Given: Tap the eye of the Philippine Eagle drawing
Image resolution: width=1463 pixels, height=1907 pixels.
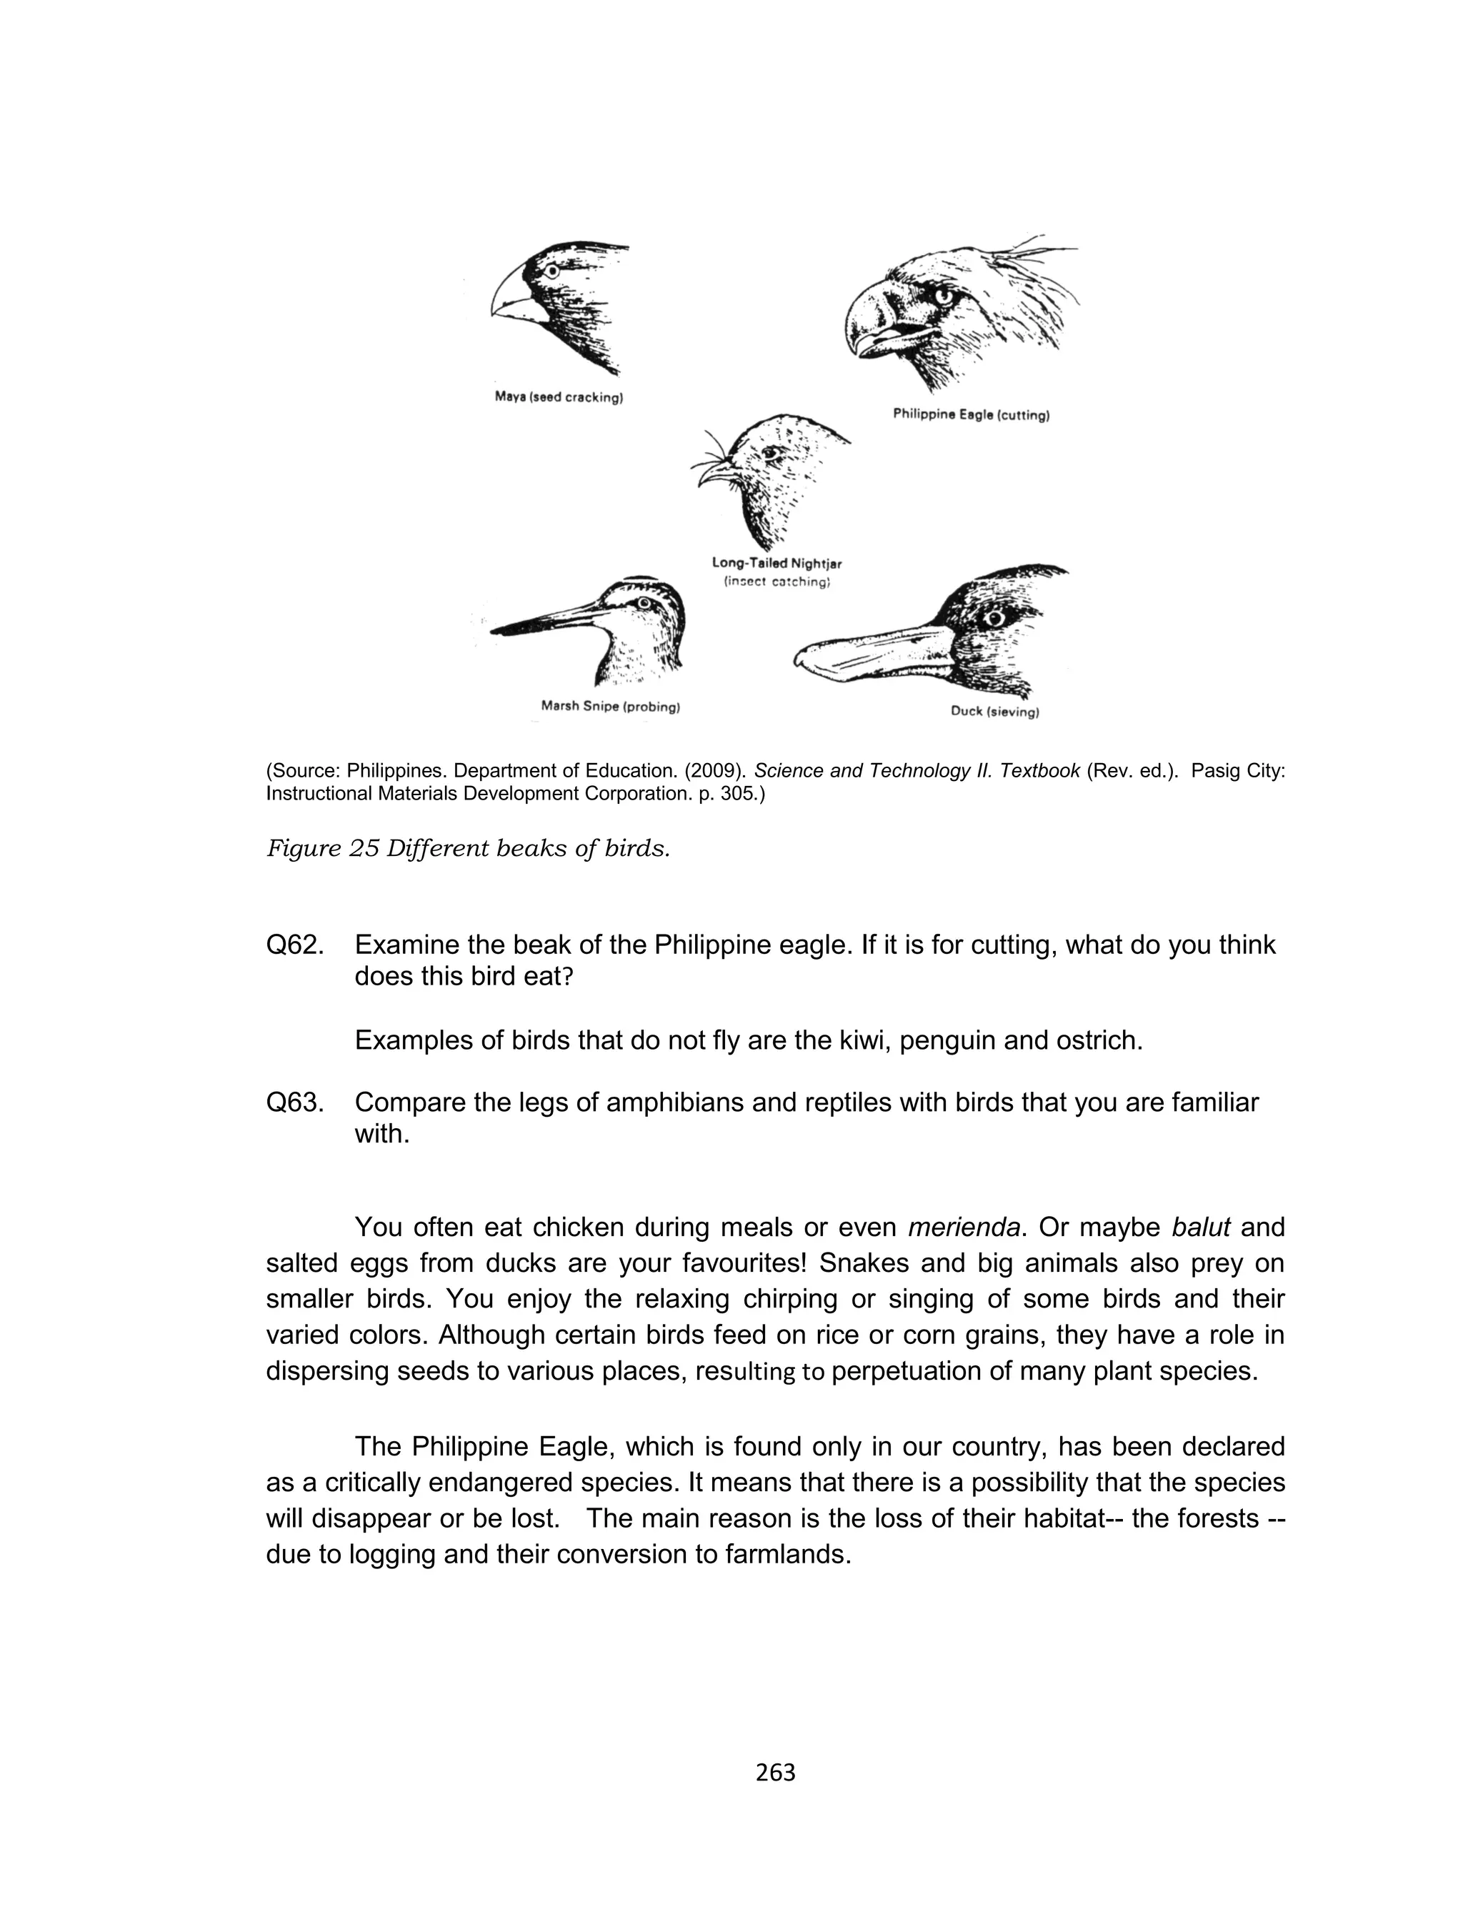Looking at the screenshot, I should coord(943,296).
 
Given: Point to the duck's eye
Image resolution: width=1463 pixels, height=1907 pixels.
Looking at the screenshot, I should coord(994,617).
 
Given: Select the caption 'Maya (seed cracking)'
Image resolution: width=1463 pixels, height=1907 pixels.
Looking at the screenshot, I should coord(558,398).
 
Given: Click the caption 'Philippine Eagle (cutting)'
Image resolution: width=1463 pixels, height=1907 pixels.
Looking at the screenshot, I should coord(971,415).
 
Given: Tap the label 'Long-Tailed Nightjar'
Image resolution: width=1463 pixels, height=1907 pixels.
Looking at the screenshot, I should coord(777,564).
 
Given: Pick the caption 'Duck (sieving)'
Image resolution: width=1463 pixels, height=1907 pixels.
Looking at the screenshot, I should coord(994,712).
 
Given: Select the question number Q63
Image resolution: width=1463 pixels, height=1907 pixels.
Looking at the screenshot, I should coord(294,1102).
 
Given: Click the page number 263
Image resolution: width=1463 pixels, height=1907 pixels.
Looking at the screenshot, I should coord(775,1772).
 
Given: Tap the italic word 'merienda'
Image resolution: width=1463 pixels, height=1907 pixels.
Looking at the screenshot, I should coord(963,1228).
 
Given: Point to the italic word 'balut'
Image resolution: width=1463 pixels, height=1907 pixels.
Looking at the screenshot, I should coord(1200,1228).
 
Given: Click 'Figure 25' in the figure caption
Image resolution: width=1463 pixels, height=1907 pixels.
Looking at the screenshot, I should coord(321,848).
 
